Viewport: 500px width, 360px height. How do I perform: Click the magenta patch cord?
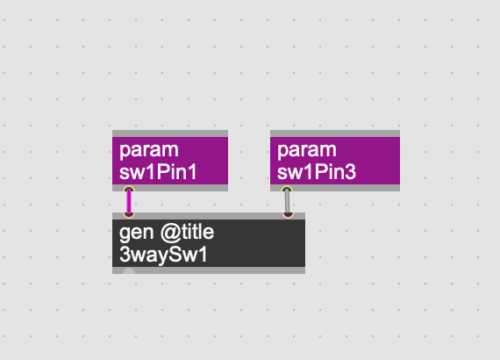tap(129, 202)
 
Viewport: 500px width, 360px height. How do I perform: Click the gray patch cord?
tap(288, 202)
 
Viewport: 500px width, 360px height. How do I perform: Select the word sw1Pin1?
tap(158, 172)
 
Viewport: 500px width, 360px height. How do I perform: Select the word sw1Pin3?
tap(317, 172)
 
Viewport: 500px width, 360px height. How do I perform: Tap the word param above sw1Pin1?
tap(149, 149)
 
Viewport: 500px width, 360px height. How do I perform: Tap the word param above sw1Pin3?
tap(307, 149)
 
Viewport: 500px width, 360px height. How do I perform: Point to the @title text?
tap(187, 233)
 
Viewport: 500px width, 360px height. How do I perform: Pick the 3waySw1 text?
tap(163, 255)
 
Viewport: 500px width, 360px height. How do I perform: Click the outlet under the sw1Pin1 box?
tap(129, 190)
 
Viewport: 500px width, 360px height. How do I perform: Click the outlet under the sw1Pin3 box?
tap(287, 190)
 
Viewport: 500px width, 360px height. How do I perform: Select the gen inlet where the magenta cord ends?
tap(129, 214)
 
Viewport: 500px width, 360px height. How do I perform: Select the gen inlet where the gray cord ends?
tap(288, 214)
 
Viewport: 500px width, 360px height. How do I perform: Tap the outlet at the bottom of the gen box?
tap(129, 271)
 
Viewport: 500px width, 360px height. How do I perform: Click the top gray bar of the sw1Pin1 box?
tap(170, 133)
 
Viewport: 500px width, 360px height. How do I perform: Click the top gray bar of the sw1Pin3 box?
tap(335, 133)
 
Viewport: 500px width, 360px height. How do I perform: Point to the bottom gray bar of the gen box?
tap(209, 270)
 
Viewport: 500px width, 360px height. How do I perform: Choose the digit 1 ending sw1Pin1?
tap(192, 172)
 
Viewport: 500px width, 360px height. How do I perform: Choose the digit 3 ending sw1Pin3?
tap(351, 172)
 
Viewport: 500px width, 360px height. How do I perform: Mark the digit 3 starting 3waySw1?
tap(125, 255)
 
